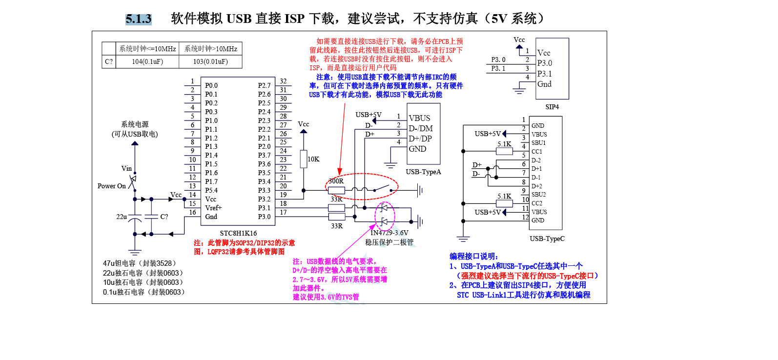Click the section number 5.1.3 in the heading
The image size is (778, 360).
click(x=139, y=19)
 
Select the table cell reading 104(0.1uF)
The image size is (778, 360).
click(x=147, y=62)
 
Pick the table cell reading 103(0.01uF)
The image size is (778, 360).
click(x=210, y=62)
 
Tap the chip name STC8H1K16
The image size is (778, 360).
click(x=238, y=233)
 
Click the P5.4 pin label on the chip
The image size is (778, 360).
click(x=211, y=190)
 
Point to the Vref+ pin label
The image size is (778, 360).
click(x=213, y=208)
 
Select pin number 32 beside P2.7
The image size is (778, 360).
click(x=283, y=81)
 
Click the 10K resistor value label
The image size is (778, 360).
click(x=313, y=159)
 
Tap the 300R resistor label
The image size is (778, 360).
click(x=336, y=181)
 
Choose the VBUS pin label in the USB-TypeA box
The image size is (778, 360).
click(x=419, y=118)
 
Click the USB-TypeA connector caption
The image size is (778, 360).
click(x=423, y=172)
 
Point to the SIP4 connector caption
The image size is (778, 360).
click(x=552, y=107)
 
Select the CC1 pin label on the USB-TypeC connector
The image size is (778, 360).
click(x=537, y=152)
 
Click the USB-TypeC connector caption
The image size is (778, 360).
click(x=547, y=239)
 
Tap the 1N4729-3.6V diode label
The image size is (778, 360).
click(x=389, y=233)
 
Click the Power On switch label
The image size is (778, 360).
click(x=112, y=186)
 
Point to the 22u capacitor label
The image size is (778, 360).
click(x=122, y=217)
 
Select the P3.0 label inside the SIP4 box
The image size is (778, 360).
click(x=545, y=63)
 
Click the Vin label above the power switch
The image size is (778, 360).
click(x=126, y=169)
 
